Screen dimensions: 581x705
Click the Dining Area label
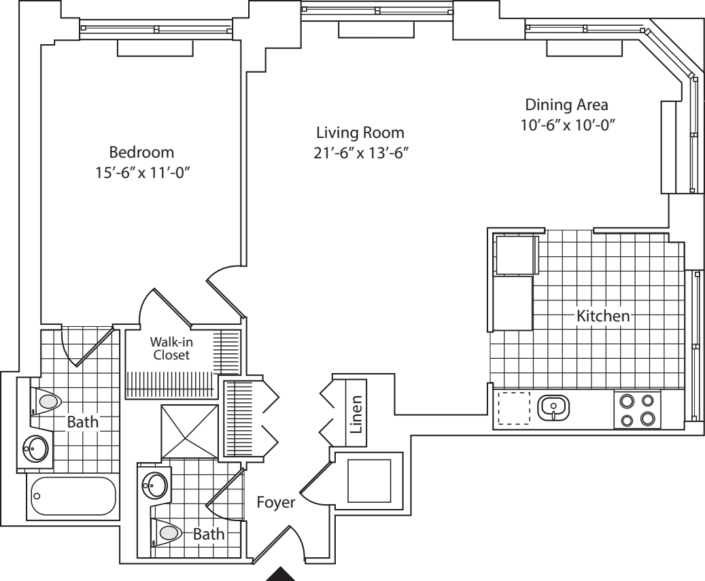tap(566, 105)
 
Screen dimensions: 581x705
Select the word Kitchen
tap(604, 316)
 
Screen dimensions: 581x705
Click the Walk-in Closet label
tap(170, 349)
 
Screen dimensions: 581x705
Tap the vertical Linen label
tap(356, 414)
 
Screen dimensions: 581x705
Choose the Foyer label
tap(275, 504)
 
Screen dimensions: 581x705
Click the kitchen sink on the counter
tap(553, 408)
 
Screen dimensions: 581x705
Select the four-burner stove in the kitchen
tap(638, 409)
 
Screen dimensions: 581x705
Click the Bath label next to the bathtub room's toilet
tap(82, 423)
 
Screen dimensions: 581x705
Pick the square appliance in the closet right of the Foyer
tap(369, 481)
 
